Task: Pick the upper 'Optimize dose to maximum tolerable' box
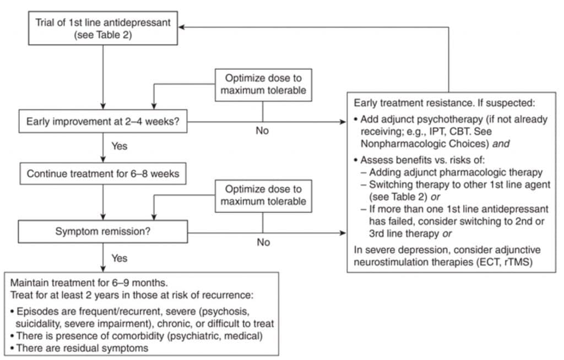coord(263,85)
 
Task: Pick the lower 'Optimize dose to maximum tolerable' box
coord(263,195)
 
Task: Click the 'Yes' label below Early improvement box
coord(119,147)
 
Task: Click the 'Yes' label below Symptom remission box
coord(119,258)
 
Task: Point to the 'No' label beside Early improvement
coord(262,131)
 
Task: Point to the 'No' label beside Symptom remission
coord(262,242)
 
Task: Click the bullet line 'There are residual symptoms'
coord(83,348)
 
